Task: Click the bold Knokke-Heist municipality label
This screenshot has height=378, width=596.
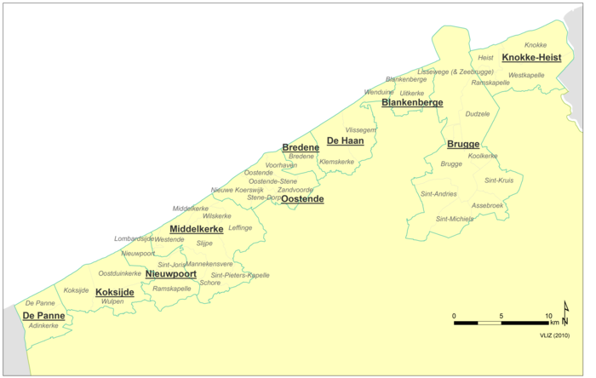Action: (531, 58)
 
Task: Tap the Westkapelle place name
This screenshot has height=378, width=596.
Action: (526, 75)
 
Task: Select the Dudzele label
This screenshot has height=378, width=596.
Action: (478, 113)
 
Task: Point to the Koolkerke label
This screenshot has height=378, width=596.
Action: (483, 156)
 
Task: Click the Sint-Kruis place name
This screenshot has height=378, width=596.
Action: (498, 180)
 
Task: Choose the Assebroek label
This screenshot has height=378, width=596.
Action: (488, 205)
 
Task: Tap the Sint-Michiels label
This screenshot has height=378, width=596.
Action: (455, 219)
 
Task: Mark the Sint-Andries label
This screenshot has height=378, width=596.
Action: (438, 194)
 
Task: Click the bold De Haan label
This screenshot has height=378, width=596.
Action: (346, 140)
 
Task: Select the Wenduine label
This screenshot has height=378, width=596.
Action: (379, 92)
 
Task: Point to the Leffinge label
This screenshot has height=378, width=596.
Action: (241, 227)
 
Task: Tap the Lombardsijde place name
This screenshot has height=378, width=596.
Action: (133, 239)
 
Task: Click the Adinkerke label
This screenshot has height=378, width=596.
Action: (43, 325)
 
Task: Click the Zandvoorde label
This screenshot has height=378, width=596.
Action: (295, 190)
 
